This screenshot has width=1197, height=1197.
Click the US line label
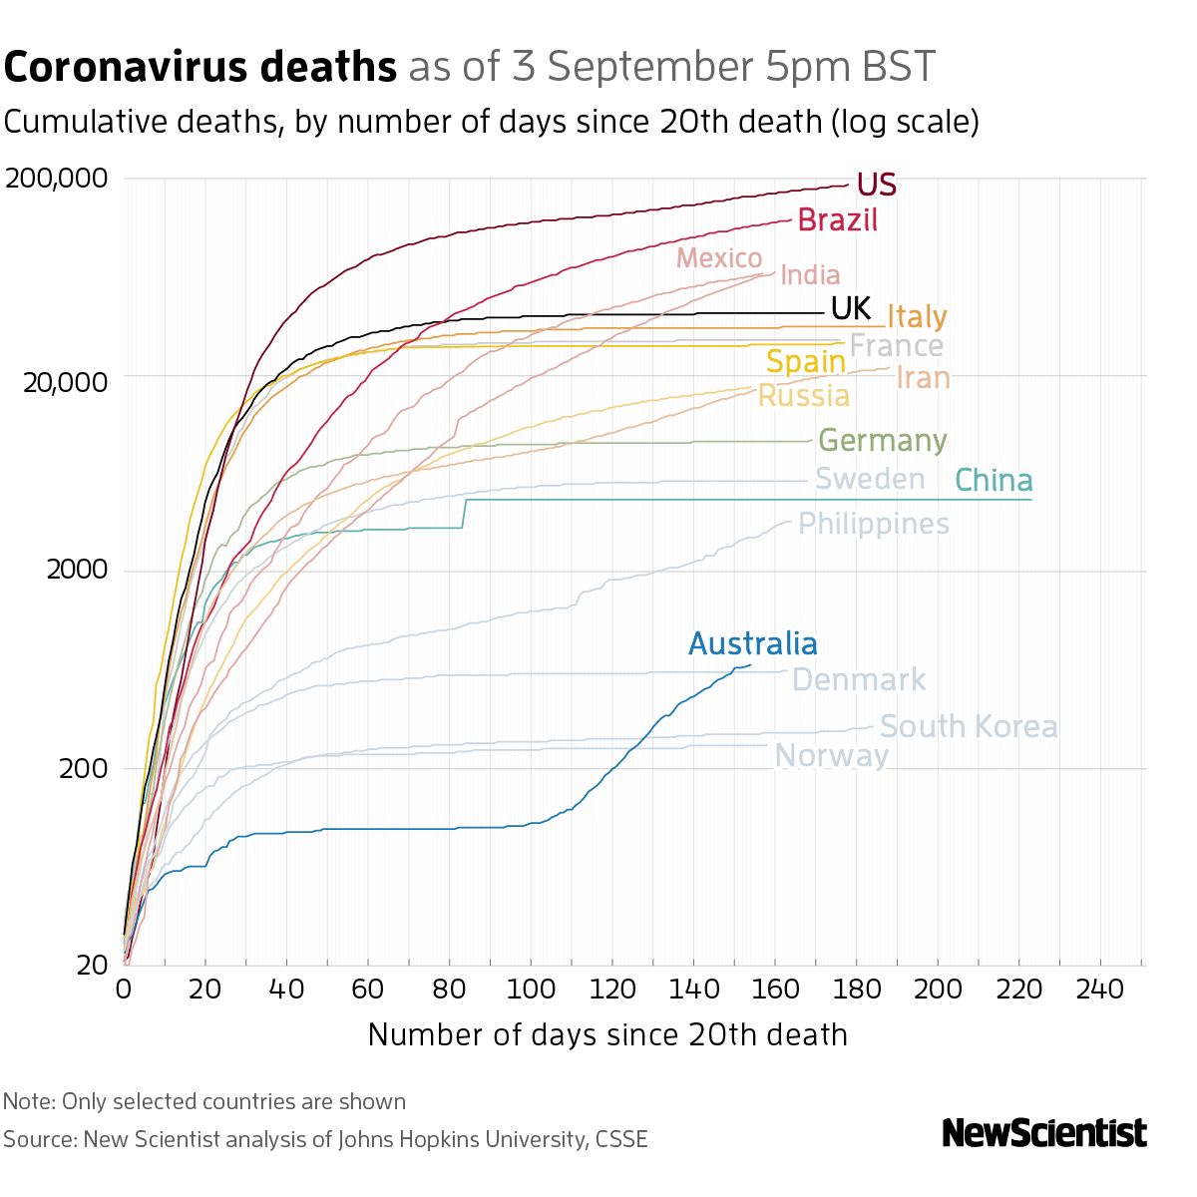pyautogui.click(x=877, y=185)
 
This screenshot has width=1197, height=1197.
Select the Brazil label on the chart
pyautogui.click(x=838, y=219)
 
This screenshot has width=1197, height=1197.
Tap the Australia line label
pyautogui.click(x=753, y=643)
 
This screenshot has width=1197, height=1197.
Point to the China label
pyautogui.click(x=994, y=481)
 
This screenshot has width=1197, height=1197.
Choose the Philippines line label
pyautogui.click(x=874, y=524)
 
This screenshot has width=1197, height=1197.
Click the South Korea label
pyautogui.click(x=968, y=726)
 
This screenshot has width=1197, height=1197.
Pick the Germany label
pyautogui.click(x=882, y=440)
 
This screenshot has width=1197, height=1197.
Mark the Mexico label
pyautogui.click(x=719, y=258)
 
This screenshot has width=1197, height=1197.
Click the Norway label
pyautogui.click(x=831, y=756)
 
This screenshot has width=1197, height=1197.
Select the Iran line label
pyautogui.click(x=923, y=378)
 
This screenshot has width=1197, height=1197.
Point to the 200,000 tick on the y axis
pyautogui.click(x=56, y=179)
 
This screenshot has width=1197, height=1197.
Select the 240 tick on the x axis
pyautogui.click(x=1100, y=990)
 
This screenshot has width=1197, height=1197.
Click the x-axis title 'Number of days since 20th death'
pyautogui.click(x=607, y=1034)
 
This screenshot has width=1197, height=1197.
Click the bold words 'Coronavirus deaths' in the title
pyautogui.click(x=200, y=67)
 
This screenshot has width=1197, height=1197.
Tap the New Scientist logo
pyautogui.click(x=1044, y=1133)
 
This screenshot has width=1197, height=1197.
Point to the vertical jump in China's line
pyautogui.click(x=465, y=513)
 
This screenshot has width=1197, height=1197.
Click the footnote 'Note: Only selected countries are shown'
pyautogui.click(x=204, y=1101)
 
